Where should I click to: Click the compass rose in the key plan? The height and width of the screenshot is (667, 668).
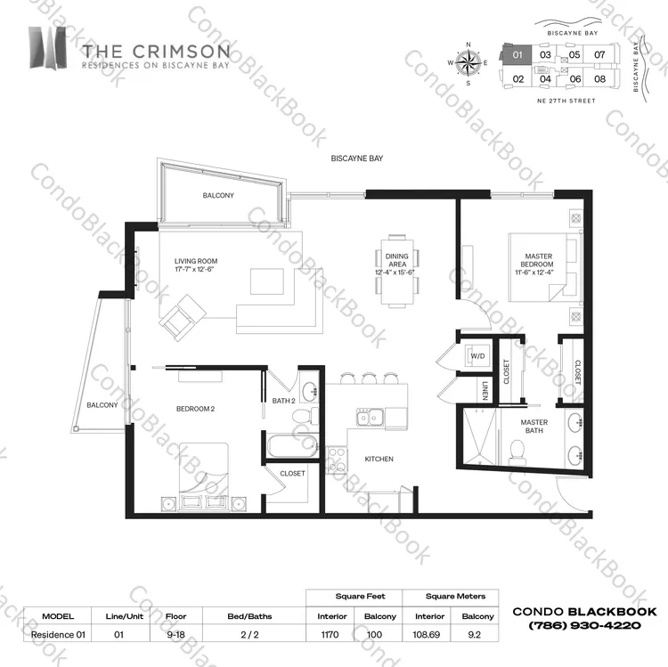pyautogui.click(x=468, y=63)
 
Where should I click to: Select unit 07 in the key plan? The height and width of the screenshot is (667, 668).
pyautogui.click(x=599, y=54)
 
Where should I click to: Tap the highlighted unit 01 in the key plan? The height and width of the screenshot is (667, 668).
pyautogui.click(x=517, y=54)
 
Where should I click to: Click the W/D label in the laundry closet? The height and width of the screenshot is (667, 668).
pyautogui.click(x=477, y=356)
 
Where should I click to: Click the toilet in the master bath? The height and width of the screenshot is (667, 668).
pyautogui.click(x=517, y=451)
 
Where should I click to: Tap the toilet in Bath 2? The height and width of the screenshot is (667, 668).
pyautogui.click(x=305, y=415)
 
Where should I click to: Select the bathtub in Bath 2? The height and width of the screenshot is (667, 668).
pyautogui.click(x=292, y=445)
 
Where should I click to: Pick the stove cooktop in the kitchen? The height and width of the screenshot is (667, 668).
pyautogui.click(x=337, y=460)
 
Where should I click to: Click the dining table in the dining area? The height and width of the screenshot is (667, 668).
pyautogui.click(x=396, y=272)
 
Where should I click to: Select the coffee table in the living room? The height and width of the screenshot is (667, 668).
pyautogui.click(x=267, y=281)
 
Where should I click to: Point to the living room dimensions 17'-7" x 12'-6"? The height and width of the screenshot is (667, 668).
pyautogui.click(x=194, y=269)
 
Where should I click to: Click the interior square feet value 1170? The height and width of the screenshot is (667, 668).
pyautogui.click(x=330, y=635)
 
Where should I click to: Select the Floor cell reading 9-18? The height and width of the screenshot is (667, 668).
pyautogui.click(x=175, y=635)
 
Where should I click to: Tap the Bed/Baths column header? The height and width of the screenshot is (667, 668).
pyautogui.click(x=249, y=616)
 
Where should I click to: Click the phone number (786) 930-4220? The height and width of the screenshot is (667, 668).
pyautogui.click(x=584, y=625)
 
